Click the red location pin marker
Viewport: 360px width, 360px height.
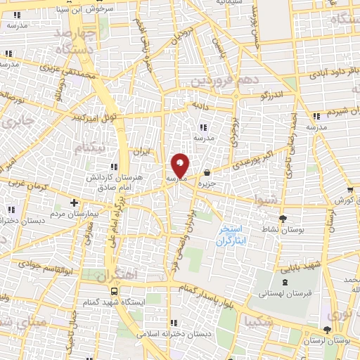tap(180, 166)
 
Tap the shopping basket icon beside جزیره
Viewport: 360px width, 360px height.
tap(207, 173)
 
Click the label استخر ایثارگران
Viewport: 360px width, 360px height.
tap(229, 235)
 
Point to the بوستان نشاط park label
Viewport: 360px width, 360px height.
tap(283, 230)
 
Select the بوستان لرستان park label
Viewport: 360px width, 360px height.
tap(328, 340)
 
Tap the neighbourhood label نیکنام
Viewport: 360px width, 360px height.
tap(93, 148)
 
